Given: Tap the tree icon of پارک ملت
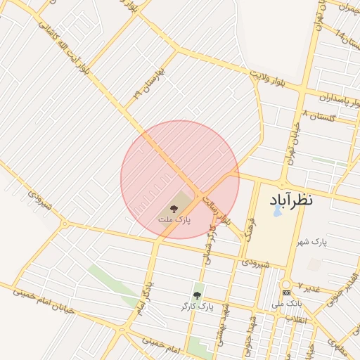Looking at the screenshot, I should pos(174,208).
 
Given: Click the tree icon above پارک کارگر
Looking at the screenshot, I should pos(197,295).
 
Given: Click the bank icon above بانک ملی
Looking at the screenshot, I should pos(286,292).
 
